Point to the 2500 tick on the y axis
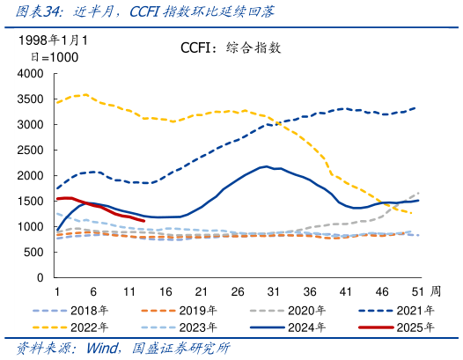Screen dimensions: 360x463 click(x=30, y=151)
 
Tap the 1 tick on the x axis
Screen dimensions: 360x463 click(x=57, y=290)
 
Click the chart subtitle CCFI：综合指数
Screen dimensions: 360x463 click(x=231, y=48)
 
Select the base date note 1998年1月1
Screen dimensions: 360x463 click(x=57, y=40)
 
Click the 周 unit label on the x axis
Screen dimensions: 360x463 click(x=435, y=290)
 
